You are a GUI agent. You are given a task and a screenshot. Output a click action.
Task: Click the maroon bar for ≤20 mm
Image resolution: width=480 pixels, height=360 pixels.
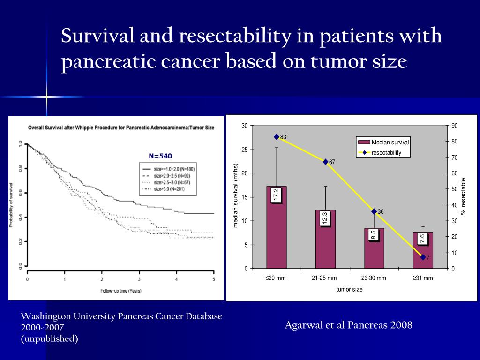276,234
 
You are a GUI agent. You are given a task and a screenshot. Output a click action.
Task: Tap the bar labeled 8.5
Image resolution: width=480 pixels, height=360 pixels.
374,253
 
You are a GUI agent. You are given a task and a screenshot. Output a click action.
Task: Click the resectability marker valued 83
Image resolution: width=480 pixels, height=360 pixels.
277,137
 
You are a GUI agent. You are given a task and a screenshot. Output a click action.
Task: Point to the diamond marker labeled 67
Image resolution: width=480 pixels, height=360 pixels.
325,162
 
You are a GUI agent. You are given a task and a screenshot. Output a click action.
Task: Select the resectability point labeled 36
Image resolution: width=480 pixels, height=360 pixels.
374,211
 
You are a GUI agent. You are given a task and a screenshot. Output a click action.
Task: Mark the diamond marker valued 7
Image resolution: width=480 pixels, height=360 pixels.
423,257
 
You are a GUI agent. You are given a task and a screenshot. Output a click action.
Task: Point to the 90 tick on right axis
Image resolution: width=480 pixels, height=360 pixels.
455,126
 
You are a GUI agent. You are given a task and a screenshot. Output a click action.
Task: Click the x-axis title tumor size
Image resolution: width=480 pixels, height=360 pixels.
349,289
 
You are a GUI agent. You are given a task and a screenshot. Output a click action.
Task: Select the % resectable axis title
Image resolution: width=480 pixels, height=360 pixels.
463,197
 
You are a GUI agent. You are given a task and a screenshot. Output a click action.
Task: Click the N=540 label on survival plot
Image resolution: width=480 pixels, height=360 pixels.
164,156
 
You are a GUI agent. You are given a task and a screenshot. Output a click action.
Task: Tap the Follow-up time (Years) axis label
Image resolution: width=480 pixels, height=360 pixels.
120,291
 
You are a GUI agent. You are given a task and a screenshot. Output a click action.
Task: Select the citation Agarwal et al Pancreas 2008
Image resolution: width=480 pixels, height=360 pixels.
348,325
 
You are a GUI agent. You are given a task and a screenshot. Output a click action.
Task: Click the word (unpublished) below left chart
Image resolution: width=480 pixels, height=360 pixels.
49,338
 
